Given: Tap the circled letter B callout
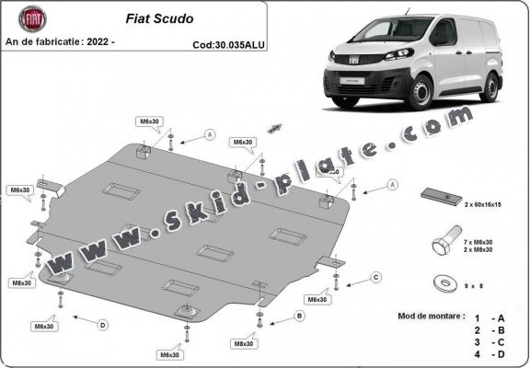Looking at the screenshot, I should pos(299,316).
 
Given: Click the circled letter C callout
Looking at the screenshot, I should pos(375,276).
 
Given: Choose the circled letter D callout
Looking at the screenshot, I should pos(102,324).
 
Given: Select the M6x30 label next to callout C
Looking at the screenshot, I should pos(317,300).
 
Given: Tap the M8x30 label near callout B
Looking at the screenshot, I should pos(244,343).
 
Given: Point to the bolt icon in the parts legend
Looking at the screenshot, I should pos(442,244).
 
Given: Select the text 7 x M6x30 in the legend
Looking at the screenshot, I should pos(486,240).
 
